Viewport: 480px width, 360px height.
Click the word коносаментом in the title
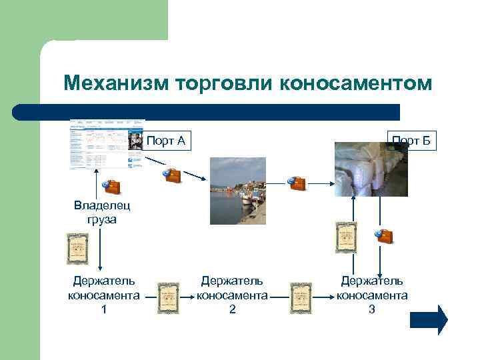click(x=356, y=84)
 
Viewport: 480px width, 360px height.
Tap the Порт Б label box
click(x=411, y=141)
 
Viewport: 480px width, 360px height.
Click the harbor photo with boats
click(x=238, y=191)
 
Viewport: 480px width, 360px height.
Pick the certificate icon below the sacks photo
click(x=345, y=237)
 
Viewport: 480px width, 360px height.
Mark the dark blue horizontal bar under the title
click(x=207, y=111)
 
